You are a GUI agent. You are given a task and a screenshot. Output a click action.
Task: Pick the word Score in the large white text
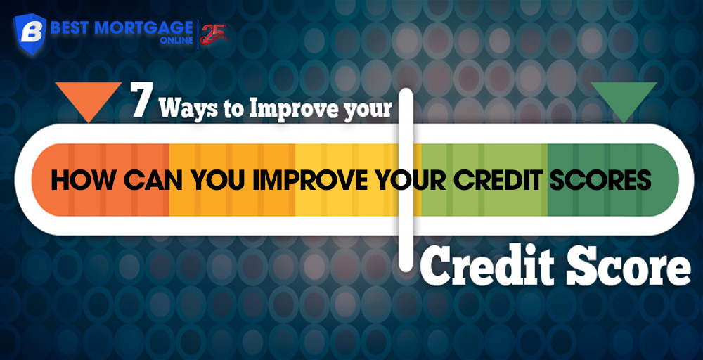627,267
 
